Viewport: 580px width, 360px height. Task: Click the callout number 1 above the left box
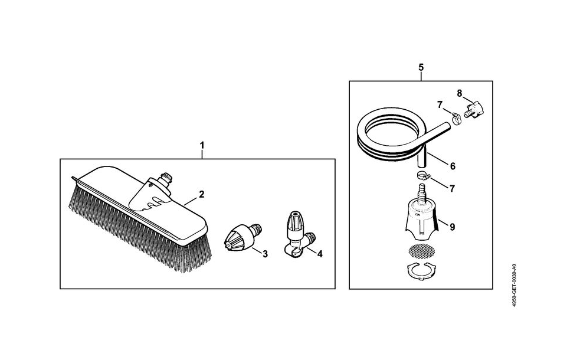point(202,145)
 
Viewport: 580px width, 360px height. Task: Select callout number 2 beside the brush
point(202,194)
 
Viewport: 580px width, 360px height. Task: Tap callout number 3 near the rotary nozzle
point(265,254)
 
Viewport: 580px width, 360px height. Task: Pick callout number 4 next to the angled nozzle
point(320,254)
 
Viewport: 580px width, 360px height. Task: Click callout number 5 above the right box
point(421,67)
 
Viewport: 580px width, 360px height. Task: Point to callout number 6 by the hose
point(453,166)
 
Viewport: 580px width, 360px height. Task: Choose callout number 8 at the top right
point(460,93)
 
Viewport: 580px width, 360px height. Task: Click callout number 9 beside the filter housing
point(452,227)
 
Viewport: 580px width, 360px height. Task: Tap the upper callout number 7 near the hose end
point(440,105)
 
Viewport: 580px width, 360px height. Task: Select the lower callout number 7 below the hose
point(452,189)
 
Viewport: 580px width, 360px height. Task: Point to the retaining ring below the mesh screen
point(421,270)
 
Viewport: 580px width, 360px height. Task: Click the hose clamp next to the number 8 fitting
point(457,119)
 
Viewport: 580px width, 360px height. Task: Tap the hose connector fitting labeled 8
point(474,110)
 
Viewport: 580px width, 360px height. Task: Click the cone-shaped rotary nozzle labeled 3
point(243,238)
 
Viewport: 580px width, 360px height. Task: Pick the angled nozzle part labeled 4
point(298,233)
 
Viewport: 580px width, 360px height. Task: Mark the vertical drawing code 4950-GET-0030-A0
point(514,284)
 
